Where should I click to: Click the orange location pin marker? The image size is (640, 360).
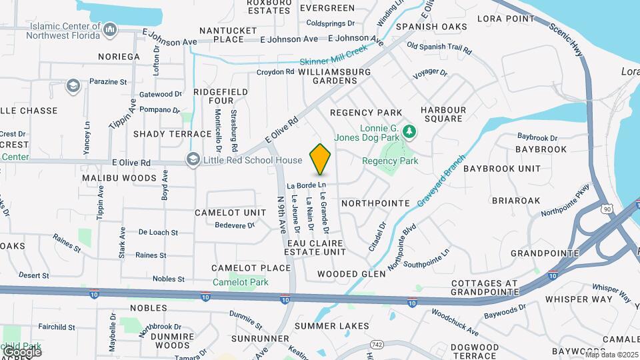click(x=321, y=159)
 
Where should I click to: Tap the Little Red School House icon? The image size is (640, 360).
click(x=193, y=160)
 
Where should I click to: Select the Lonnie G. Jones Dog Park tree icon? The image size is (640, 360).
click(x=411, y=131)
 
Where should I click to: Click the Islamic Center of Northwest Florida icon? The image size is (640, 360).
click(x=110, y=29)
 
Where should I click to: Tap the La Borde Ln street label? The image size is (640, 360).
click(x=307, y=185)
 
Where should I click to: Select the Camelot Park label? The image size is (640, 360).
click(x=240, y=282)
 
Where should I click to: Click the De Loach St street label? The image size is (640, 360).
click(x=158, y=233)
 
